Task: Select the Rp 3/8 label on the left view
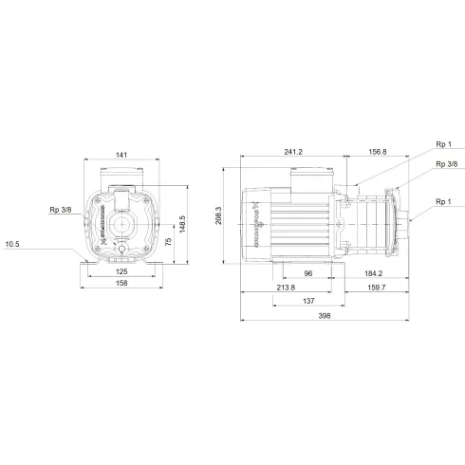[x=61, y=211]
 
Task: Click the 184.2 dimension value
[x=373, y=273]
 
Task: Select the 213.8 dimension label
[x=285, y=287]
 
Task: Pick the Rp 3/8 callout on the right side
[x=444, y=165]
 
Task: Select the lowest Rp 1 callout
[x=443, y=201]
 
